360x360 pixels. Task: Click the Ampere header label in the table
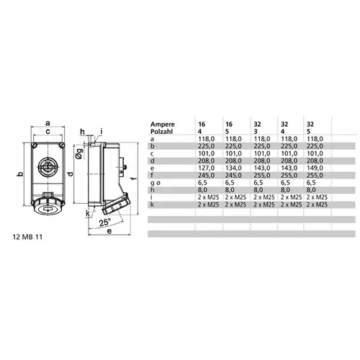[161, 124]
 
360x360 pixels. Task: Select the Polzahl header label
[161, 131]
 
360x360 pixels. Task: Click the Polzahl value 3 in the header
[256, 131]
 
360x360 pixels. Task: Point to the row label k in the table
[151, 204]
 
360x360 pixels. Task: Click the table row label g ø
[154, 184]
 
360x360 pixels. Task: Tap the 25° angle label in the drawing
[105, 222]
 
